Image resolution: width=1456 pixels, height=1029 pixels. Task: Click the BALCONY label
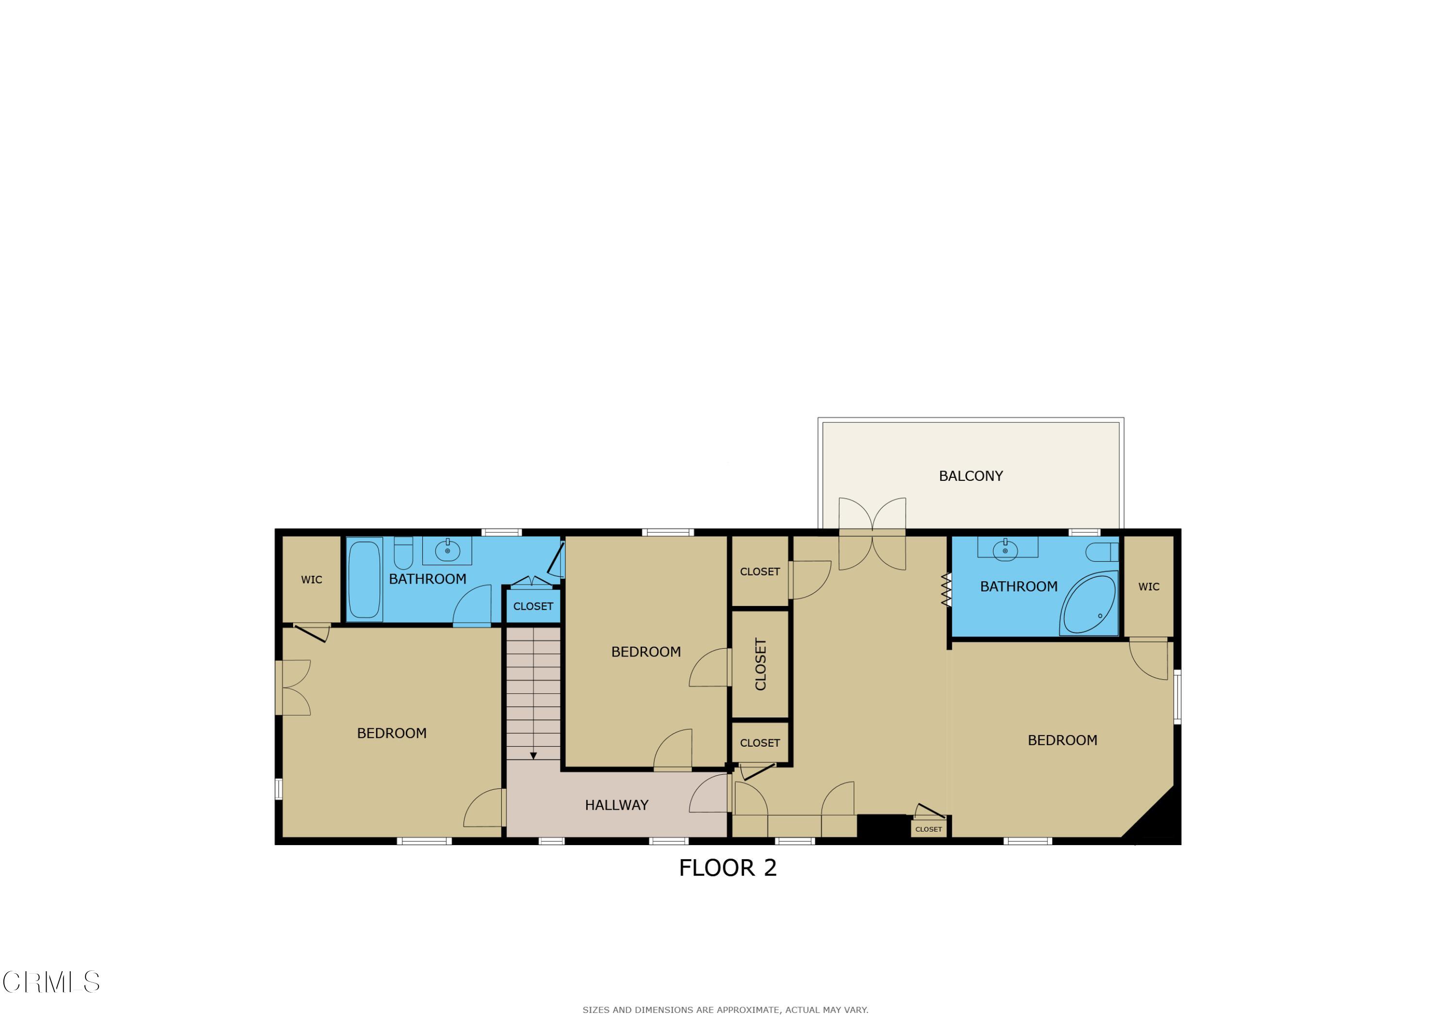point(970,476)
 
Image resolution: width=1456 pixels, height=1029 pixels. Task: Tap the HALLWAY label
point(616,805)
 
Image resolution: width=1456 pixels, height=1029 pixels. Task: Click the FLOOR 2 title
point(728,868)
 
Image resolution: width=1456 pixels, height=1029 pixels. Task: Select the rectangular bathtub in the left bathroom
point(364,579)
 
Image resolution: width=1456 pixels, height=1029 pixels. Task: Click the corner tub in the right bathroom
point(1089,604)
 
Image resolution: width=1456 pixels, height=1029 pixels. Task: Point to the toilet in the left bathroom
point(403,553)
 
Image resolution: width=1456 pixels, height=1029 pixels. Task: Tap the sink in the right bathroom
point(1005,550)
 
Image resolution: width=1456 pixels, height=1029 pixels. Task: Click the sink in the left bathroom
point(447,550)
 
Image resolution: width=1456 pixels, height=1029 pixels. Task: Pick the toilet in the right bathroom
point(1102,552)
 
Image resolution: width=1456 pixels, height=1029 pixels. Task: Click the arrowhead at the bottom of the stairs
point(533,756)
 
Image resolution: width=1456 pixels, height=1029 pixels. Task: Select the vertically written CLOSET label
point(761,665)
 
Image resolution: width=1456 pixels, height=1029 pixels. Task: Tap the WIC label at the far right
point(1148,587)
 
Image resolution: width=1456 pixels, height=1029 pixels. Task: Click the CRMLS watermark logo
point(51,982)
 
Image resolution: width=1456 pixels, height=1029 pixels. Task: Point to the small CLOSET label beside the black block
point(928,829)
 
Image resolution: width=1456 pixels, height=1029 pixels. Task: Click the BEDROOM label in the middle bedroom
point(645,652)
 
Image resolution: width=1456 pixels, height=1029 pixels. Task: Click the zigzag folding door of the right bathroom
point(946,589)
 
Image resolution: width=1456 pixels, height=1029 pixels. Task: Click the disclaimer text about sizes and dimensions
point(726,1010)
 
